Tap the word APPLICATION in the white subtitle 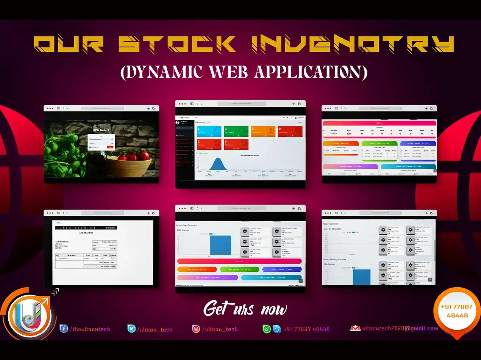[x=311, y=72]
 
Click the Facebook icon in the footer [x=64, y=329]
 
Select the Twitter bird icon [x=131, y=329]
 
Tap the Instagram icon [x=196, y=329]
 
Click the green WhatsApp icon [x=267, y=329]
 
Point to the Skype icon [x=277, y=329]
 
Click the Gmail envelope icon [x=355, y=329]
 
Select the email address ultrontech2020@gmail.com [x=400, y=329]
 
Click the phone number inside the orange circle [x=456, y=311]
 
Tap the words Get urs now [x=245, y=309]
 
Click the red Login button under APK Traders [x=110, y=147]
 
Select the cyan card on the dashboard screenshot [x=209, y=131]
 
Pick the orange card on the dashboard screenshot [x=263, y=131]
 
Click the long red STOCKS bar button [x=239, y=261]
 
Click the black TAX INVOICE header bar [x=86, y=228]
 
